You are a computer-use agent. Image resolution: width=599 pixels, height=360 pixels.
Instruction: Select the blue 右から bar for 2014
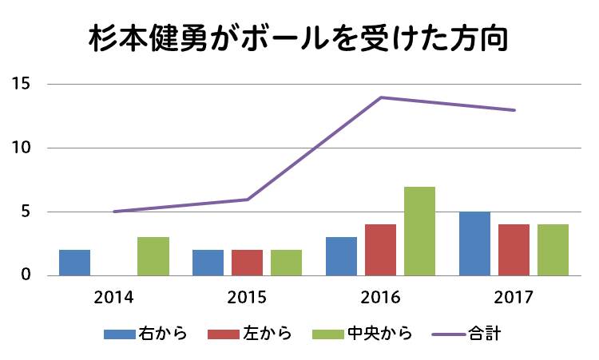click(x=74, y=263)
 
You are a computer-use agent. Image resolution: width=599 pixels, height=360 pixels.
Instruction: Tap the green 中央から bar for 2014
click(x=153, y=256)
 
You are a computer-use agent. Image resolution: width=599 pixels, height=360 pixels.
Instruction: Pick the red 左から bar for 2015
click(x=247, y=263)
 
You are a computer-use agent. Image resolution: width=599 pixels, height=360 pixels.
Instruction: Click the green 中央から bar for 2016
click(x=419, y=231)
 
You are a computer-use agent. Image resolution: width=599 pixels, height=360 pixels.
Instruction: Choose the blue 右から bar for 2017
click(x=474, y=243)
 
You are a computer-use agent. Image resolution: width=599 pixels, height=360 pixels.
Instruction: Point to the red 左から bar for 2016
click(x=380, y=250)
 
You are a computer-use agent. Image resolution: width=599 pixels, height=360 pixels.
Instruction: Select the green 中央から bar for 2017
click(x=553, y=250)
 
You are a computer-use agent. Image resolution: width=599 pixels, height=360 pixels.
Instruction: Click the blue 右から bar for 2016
click(x=341, y=256)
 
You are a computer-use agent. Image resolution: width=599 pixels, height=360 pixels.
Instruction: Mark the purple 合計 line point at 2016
click(x=381, y=97)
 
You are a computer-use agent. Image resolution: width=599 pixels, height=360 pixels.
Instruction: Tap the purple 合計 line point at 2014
click(x=114, y=212)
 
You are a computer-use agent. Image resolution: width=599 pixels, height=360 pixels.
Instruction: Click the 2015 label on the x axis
click(x=247, y=298)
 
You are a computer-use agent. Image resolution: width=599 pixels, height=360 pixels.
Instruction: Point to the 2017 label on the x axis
click(x=514, y=298)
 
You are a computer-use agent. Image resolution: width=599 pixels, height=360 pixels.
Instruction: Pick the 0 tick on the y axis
click(x=26, y=275)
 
